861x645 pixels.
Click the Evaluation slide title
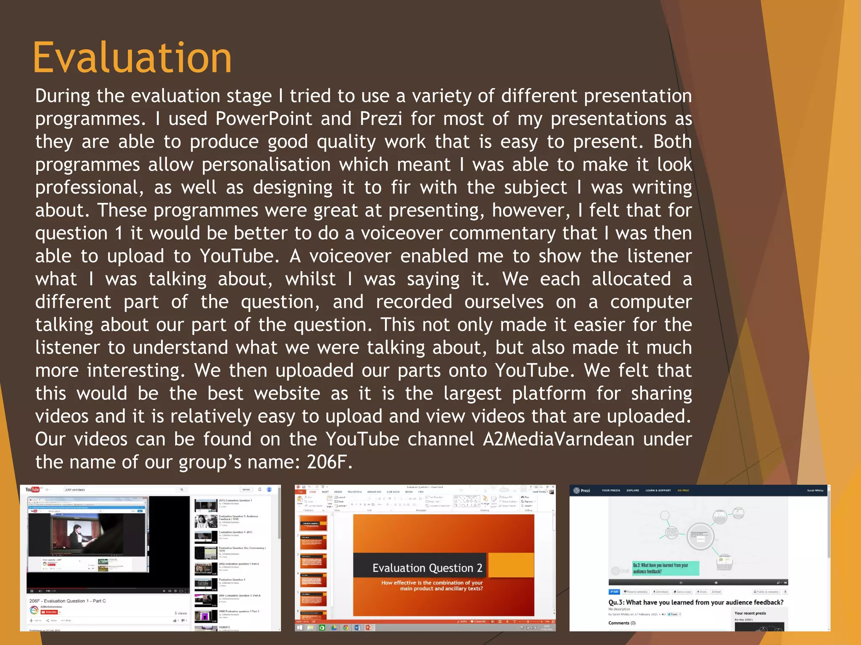coord(132,58)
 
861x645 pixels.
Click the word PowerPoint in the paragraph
coord(264,119)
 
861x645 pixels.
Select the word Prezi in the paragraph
coord(380,119)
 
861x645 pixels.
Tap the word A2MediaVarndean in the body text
coord(558,439)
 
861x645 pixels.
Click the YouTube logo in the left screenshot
coord(32,490)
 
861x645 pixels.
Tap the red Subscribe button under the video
coord(50,612)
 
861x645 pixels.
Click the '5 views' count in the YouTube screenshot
coord(180,613)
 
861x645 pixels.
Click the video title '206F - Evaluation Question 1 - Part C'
coord(68,601)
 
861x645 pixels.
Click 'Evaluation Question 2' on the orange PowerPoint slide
coord(427,568)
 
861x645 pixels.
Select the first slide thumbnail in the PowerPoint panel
coord(313,524)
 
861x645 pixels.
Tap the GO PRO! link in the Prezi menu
coord(683,490)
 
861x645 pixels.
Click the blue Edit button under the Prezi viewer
coord(614,592)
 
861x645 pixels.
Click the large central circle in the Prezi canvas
coord(700,536)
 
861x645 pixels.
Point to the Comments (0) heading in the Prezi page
coord(622,623)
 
